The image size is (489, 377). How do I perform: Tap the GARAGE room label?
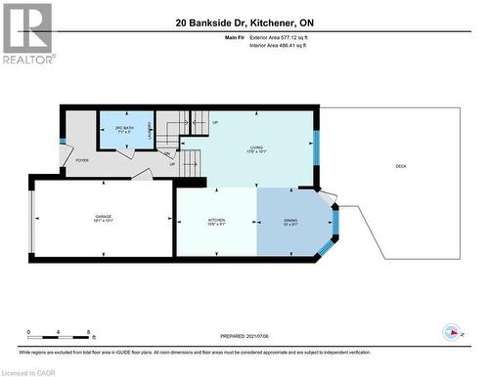103,219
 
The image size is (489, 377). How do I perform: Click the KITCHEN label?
216,221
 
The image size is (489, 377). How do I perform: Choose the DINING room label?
291,221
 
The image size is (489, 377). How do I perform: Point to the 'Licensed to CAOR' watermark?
29,371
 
